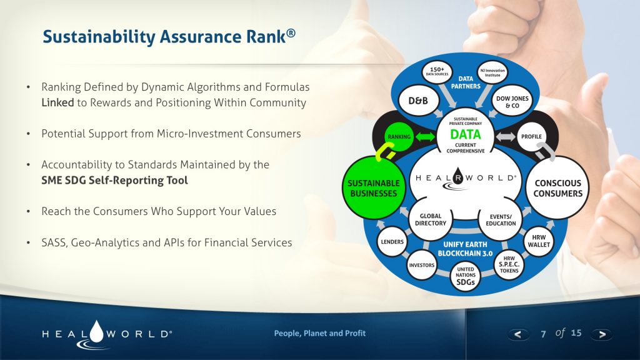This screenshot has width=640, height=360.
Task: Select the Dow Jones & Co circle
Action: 512,101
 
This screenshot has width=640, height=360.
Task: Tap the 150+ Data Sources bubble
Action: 437,71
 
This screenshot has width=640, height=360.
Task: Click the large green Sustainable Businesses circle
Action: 373,187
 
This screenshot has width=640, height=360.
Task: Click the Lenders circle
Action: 392,241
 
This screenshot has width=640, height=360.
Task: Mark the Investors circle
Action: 421,265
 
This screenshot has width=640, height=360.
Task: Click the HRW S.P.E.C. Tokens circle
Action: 509,265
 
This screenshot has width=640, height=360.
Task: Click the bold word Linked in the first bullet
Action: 57,102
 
